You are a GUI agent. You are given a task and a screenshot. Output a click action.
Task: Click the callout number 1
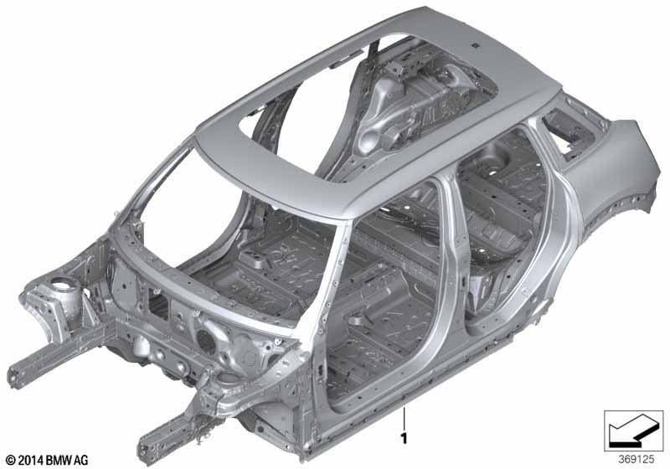(404, 439)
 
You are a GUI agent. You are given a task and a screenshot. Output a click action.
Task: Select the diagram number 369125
(636, 460)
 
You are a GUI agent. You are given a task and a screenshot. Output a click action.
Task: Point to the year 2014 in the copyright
(30, 460)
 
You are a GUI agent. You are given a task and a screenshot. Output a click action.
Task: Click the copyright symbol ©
(11, 460)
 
